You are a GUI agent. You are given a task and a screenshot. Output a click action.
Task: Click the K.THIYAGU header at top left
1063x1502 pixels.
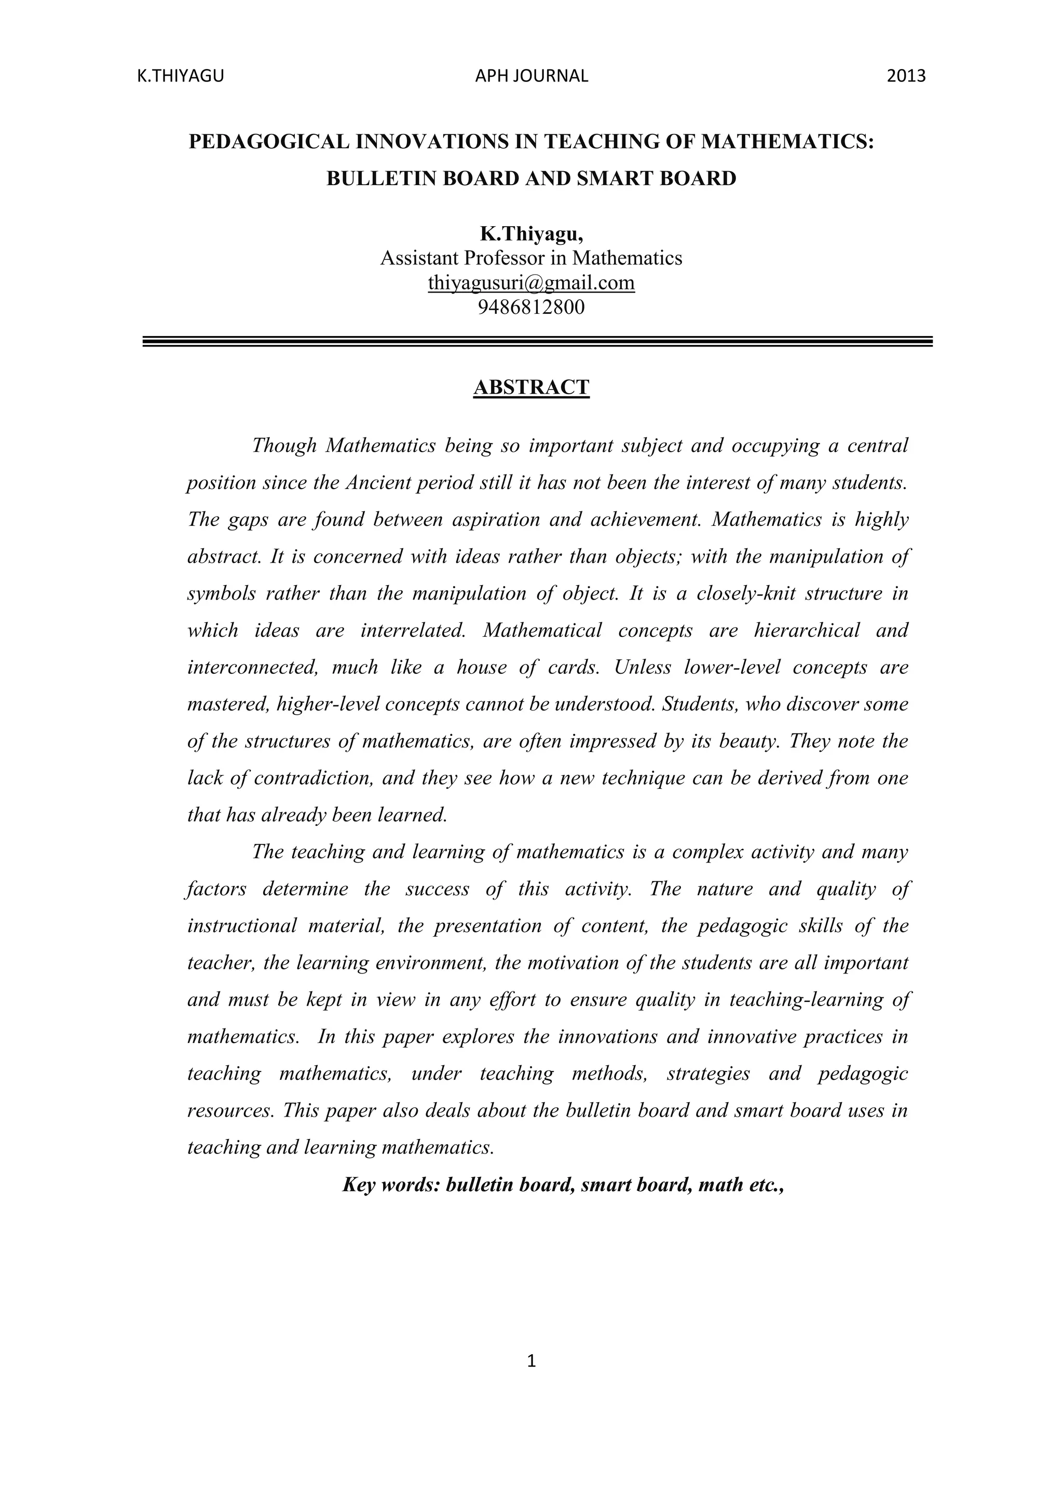coord(180,77)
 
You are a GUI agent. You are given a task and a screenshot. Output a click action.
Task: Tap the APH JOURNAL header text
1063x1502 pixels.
coord(531,77)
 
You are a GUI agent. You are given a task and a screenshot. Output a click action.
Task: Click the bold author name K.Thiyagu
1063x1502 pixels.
coord(531,233)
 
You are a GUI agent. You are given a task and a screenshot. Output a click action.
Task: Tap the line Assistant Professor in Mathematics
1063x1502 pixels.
coord(531,258)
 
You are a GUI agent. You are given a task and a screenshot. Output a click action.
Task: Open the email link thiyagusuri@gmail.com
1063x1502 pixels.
coord(531,283)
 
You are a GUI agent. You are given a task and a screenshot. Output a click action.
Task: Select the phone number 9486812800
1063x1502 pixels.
coord(531,307)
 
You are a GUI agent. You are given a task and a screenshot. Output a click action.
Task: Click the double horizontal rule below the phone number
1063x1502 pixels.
coord(537,341)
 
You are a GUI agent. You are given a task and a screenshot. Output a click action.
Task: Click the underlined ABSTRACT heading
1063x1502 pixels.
coord(531,387)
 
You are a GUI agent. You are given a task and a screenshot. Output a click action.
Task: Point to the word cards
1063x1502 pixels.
coord(572,667)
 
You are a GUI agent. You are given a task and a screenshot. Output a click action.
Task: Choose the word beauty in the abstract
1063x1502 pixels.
coord(748,741)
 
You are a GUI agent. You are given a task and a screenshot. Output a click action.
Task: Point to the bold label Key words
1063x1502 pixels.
coord(390,1185)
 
